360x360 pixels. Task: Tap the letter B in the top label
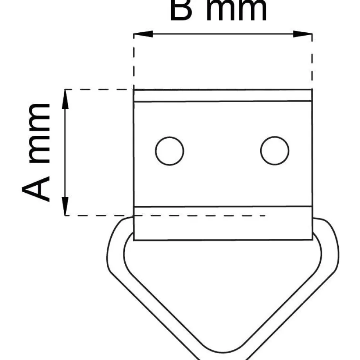pos(181,10)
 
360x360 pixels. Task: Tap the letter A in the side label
pos(36,189)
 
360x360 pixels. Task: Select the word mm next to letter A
pos(39,133)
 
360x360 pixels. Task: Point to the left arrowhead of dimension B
pos(143,34)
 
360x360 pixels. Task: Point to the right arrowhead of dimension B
pos(303,34)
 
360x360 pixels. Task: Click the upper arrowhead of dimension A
pos(65,99)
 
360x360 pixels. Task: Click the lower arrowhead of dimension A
pos(65,206)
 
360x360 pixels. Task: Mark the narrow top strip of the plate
pos(223,95)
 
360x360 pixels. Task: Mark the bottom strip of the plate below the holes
pos(223,223)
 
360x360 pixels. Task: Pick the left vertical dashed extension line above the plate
pos(134,61)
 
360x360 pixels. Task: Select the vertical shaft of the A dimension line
pos(65,153)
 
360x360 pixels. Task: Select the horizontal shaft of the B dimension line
pos(223,34)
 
